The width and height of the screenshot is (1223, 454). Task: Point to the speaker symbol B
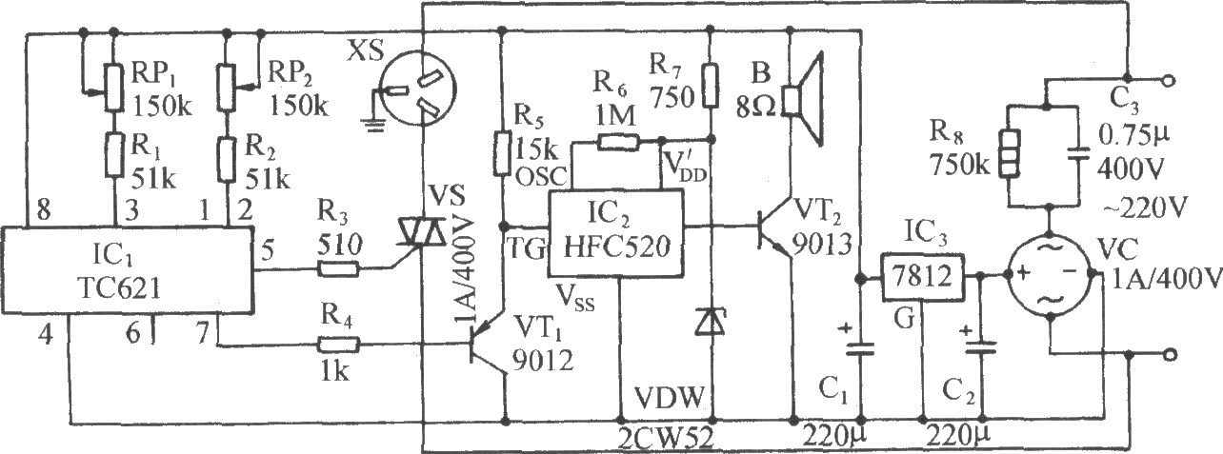pyautogui.click(x=803, y=99)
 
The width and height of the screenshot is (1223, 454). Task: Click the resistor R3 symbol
pyautogui.click(x=338, y=268)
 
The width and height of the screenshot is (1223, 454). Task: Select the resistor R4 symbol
pyautogui.click(x=338, y=345)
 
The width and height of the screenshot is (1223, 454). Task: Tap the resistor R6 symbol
pyautogui.click(x=618, y=143)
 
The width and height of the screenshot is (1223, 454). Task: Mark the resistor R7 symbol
pyautogui.click(x=710, y=85)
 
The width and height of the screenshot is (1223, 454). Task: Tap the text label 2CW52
pyautogui.click(x=666, y=437)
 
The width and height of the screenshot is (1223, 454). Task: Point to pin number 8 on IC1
pyautogui.click(x=43, y=209)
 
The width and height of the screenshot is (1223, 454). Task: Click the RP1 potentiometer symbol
pyautogui.click(x=113, y=88)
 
